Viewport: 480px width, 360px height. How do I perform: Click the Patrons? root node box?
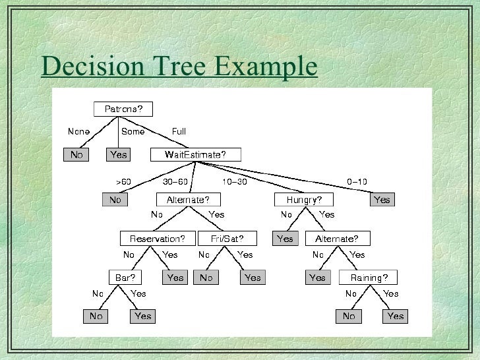point(123,109)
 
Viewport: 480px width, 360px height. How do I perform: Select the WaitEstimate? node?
point(195,155)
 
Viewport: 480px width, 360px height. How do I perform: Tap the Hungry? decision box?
point(304,200)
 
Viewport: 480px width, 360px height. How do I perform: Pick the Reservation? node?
point(158,238)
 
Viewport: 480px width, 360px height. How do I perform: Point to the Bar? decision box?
point(125,278)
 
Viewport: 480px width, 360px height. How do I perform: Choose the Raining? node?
point(369,278)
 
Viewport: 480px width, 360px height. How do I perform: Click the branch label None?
point(78,132)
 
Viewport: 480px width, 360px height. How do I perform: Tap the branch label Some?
point(133,132)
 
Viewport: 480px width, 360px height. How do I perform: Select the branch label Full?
point(179,132)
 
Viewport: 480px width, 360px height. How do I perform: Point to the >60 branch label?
point(123,182)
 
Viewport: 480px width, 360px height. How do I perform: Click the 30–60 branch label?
point(175,182)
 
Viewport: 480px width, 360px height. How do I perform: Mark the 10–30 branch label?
point(234,182)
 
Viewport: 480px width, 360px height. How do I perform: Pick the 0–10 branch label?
point(357,182)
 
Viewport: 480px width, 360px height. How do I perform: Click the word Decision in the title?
point(87,67)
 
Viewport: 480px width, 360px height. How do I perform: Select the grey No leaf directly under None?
point(77,155)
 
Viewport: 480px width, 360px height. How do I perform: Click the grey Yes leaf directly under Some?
point(119,155)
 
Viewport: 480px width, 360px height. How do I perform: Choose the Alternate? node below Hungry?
point(337,238)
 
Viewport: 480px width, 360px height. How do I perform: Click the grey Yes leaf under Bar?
point(142,316)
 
